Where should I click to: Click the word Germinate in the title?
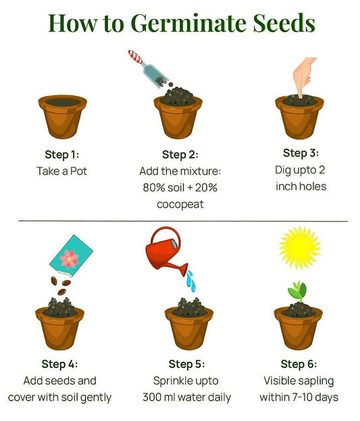[x=190, y=24]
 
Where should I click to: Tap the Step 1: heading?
[x=62, y=155]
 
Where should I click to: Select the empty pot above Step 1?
[x=63, y=117]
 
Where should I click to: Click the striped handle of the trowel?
[x=135, y=57]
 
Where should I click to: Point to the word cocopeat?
[x=180, y=204]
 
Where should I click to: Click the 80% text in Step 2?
[x=154, y=188]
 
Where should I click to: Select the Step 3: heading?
[x=301, y=153]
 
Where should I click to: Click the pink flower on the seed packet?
[x=70, y=259]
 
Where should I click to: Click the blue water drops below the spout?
[x=191, y=281]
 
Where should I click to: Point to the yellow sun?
[x=300, y=248]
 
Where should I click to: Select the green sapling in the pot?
[x=298, y=291]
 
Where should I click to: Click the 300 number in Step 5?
[x=152, y=397]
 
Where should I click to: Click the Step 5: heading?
[x=186, y=364]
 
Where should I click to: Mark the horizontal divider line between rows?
[x=183, y=221]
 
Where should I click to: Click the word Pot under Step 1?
[x=78, y=171]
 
